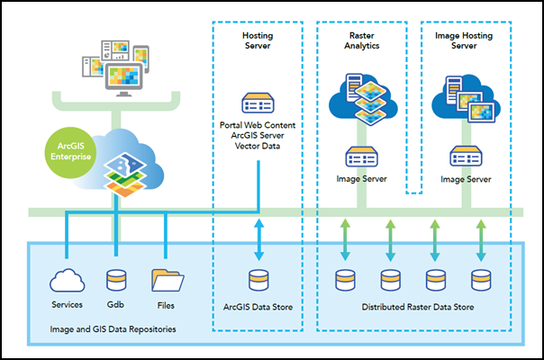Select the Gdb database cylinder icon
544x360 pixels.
coord(116,279)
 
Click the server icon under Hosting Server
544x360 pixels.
coord(258,102)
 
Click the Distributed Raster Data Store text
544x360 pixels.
coord(413,306)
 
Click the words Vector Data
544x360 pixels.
coord(258,146)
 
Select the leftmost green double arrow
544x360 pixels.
coord(343,240)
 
